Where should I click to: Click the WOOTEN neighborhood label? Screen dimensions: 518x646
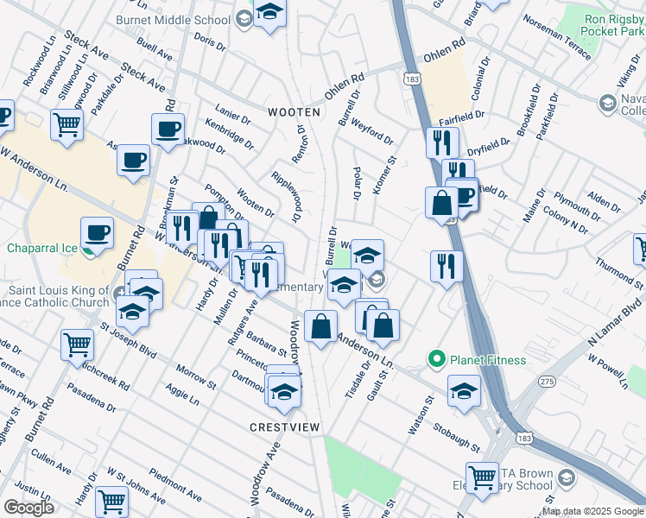point(294,112)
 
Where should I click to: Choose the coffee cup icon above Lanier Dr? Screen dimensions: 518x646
point(168,129)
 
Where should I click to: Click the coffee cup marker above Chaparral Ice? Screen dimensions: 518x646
point(97,232)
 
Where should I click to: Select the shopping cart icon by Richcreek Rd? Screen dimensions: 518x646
point(77,344)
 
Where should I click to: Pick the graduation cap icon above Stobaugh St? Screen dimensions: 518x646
point(464,390)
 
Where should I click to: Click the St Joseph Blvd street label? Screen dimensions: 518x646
point(130,340)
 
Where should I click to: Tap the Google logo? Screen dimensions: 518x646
point(28,508)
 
